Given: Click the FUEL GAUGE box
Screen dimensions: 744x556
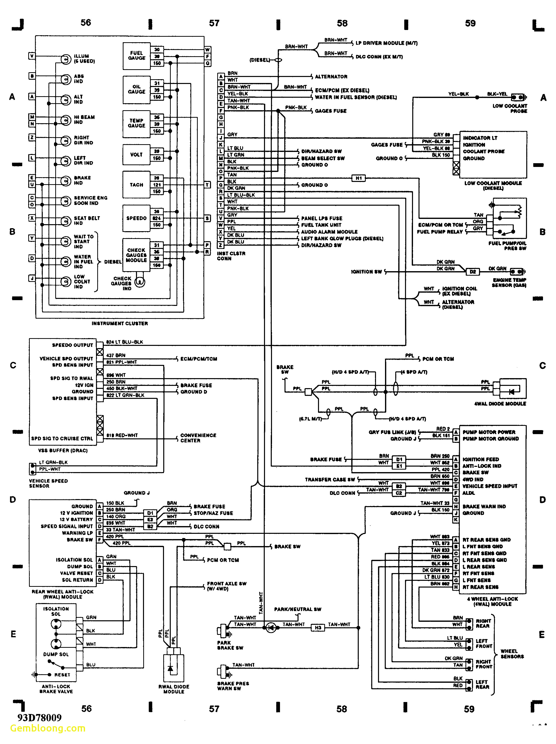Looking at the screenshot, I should coord(136,56).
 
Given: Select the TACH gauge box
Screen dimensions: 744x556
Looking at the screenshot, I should coord(136,185).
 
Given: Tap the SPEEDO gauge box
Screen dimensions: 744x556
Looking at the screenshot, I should coord(136,218).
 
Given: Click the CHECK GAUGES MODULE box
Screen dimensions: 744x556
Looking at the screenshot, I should coord(136,255).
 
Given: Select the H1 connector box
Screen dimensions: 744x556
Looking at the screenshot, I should coord(358,178).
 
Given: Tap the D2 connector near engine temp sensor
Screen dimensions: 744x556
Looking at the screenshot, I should coord(472,272).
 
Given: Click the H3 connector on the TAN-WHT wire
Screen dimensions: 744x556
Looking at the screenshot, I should coord(318,627).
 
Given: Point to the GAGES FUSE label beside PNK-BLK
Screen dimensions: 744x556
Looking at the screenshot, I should coord(330,111).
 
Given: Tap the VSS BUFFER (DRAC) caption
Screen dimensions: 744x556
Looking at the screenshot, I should coord(63,450).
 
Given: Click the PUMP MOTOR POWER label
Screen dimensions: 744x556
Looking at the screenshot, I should coord(489,432).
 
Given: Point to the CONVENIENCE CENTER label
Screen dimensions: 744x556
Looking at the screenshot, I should coord(198,438).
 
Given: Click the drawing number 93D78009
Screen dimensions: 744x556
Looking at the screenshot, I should coord(40,718).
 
